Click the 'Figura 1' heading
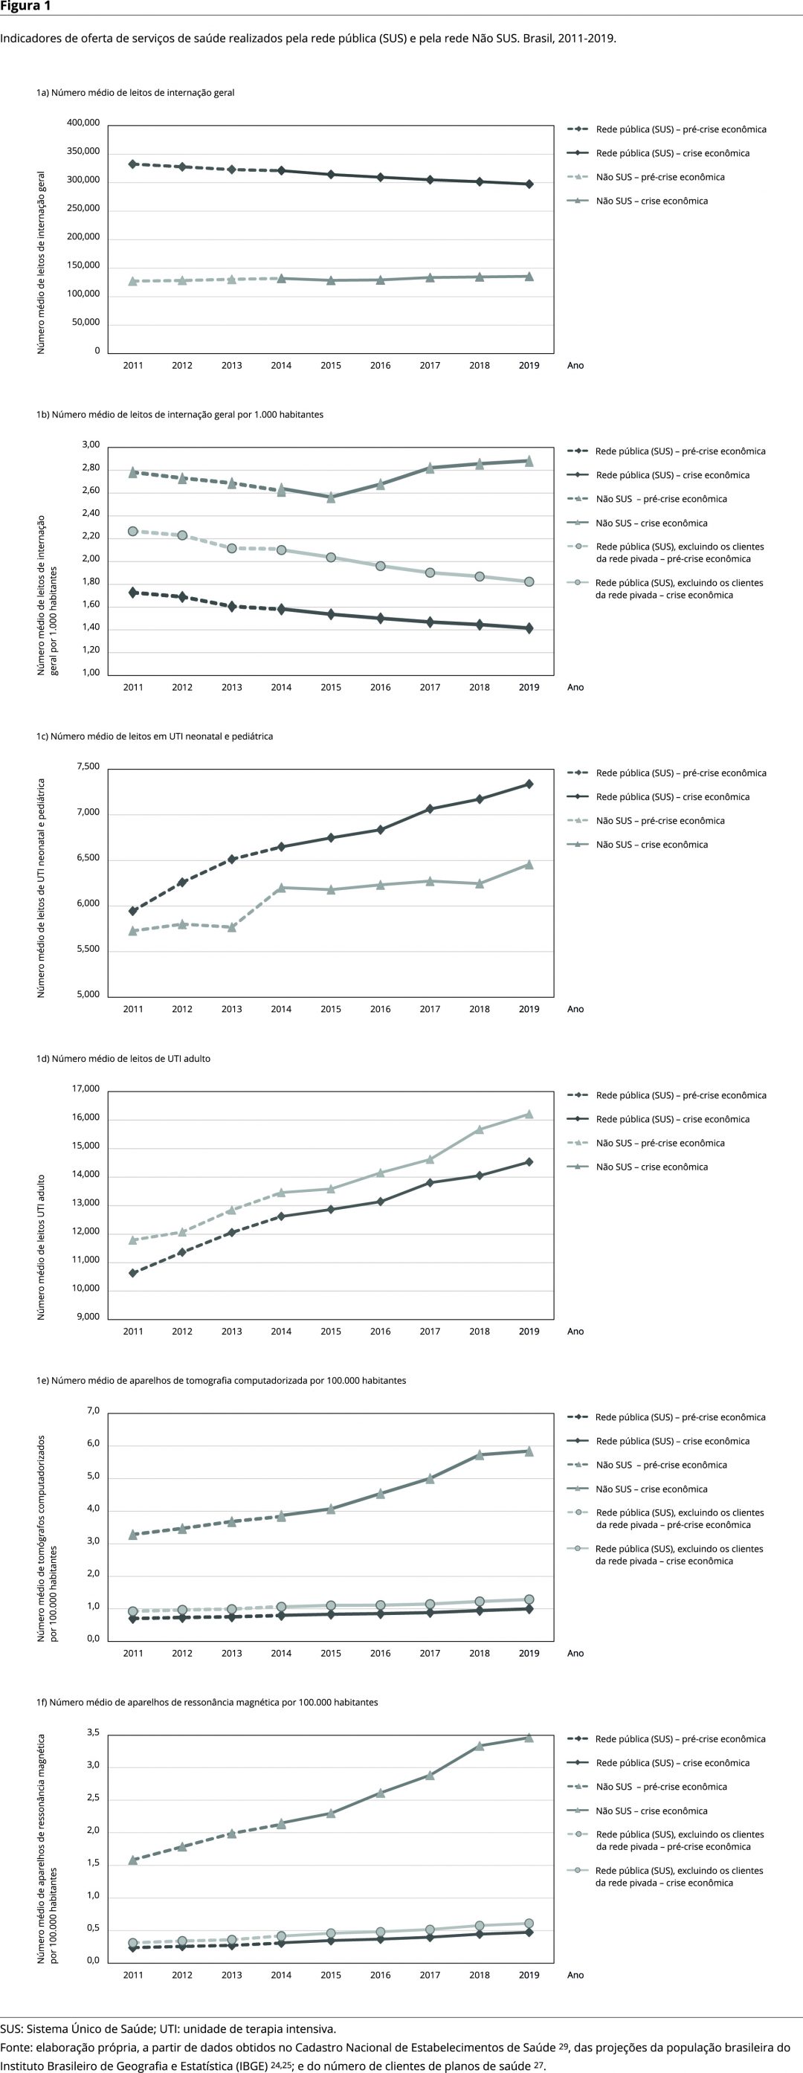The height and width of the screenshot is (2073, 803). (25, 7)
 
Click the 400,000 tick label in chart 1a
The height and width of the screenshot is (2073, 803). (83, 123)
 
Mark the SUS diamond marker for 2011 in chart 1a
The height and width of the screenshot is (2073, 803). (133, 164)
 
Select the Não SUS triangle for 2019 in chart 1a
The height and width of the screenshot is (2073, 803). (529, 276)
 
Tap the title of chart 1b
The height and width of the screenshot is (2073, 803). (179, 414)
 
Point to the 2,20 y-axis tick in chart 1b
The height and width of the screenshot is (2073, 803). (91, 536)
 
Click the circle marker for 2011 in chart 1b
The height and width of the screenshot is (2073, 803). (133, 531)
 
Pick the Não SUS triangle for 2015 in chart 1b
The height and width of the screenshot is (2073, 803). (331, 497)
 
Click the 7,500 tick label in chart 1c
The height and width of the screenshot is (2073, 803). (88, 767)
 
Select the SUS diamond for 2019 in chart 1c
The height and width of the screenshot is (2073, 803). (529, 784)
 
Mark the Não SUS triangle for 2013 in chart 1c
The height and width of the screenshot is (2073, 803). (232, 927)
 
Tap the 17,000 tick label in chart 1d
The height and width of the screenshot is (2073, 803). (86, 1089)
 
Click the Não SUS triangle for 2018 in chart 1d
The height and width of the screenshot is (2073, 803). (480, 1129)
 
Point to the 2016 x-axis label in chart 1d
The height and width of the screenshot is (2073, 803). (380, 1331)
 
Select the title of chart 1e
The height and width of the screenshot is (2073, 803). (221, 1380)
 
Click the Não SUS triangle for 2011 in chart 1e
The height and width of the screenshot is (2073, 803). (133, 1535)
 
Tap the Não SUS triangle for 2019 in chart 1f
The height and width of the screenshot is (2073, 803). (529, 1738)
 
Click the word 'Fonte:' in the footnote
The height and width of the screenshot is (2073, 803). (16, 2047)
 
